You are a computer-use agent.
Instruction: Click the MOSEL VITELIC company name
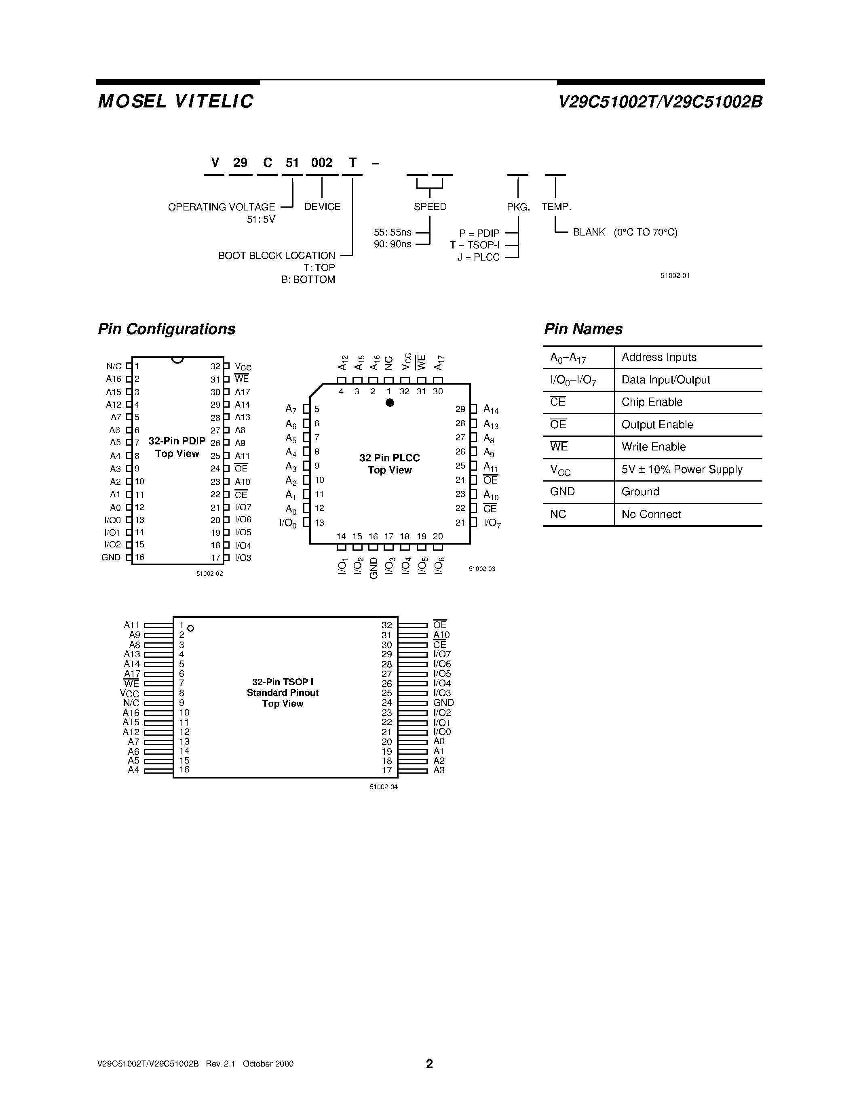(x=175, y=102)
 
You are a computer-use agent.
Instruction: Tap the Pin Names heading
(x=583, y=329)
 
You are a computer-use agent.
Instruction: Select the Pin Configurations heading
(x=167, y=329)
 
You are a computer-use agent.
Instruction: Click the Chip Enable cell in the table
(x=652, y=402)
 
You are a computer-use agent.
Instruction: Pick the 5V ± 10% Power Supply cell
(x=682, y=469)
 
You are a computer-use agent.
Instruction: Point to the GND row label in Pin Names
(x=562, y=492)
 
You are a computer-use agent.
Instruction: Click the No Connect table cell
(x=651, y=514)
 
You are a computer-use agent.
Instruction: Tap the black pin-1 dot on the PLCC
(x=390, y=403)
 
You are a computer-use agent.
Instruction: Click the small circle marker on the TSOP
(x=191, y=629)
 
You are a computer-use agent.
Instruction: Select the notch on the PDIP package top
(x=177, y=360)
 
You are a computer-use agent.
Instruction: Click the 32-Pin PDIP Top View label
(x=177, y=448)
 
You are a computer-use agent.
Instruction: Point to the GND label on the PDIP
(x=111, y=558)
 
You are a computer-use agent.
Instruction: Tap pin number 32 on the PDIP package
(x=215, y=366)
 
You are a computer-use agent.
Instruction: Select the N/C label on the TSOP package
(x=131, y=703)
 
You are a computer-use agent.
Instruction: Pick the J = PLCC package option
(x=478, y=257)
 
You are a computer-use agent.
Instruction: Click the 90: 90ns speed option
(x=393, y=244)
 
